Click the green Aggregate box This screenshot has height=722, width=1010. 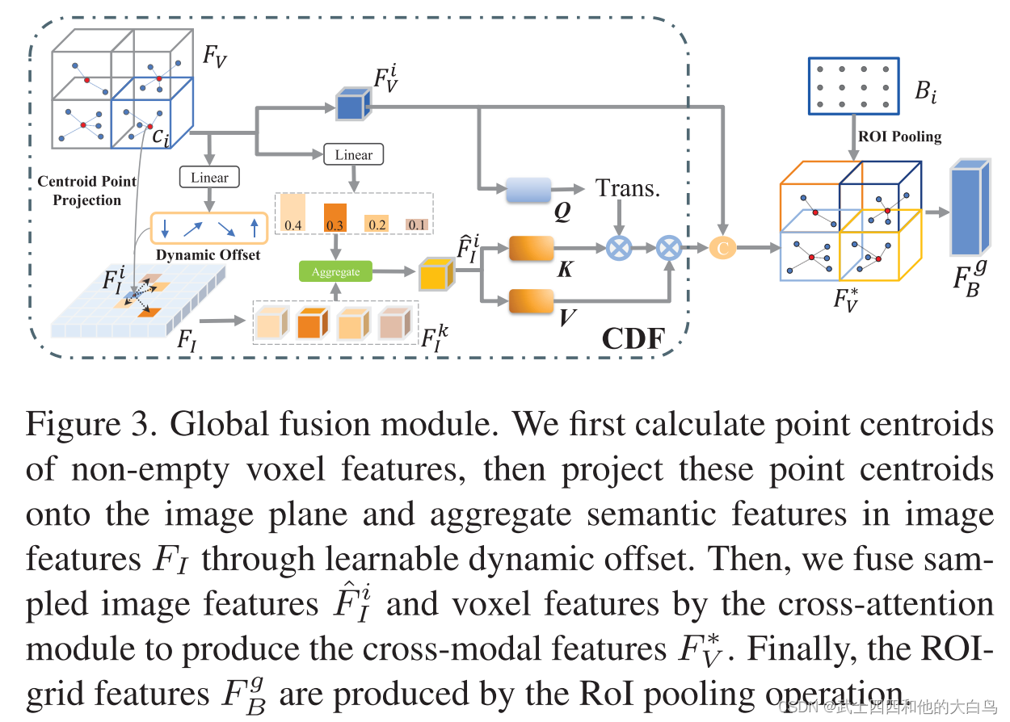pos(335,271)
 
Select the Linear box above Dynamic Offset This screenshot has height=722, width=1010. pos(209,178)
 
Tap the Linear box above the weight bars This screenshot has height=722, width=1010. pos(353,155)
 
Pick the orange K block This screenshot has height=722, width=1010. pos(531,249)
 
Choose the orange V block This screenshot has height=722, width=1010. pos(531,302)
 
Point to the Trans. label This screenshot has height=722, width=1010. pos(628,188)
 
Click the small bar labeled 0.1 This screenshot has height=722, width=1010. pos(417,225)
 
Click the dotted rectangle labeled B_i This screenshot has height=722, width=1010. pos(853,87)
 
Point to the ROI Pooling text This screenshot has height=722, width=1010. pos(899,136)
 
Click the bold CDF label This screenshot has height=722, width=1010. pos(633,338)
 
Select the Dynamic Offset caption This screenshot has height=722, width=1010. pos(208,254)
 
